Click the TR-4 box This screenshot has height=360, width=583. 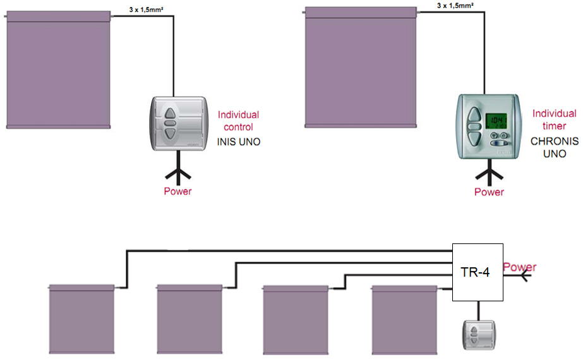478,272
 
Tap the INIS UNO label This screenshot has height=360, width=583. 239,143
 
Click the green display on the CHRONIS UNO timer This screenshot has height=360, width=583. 496,120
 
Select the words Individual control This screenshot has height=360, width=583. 238,121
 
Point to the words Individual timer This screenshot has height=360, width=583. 554,120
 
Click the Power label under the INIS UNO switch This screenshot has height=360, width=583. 177,191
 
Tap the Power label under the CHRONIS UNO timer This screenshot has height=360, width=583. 489,192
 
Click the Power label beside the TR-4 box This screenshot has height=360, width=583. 519,267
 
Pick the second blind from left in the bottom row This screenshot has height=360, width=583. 189,319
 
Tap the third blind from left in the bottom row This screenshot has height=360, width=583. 295,319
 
